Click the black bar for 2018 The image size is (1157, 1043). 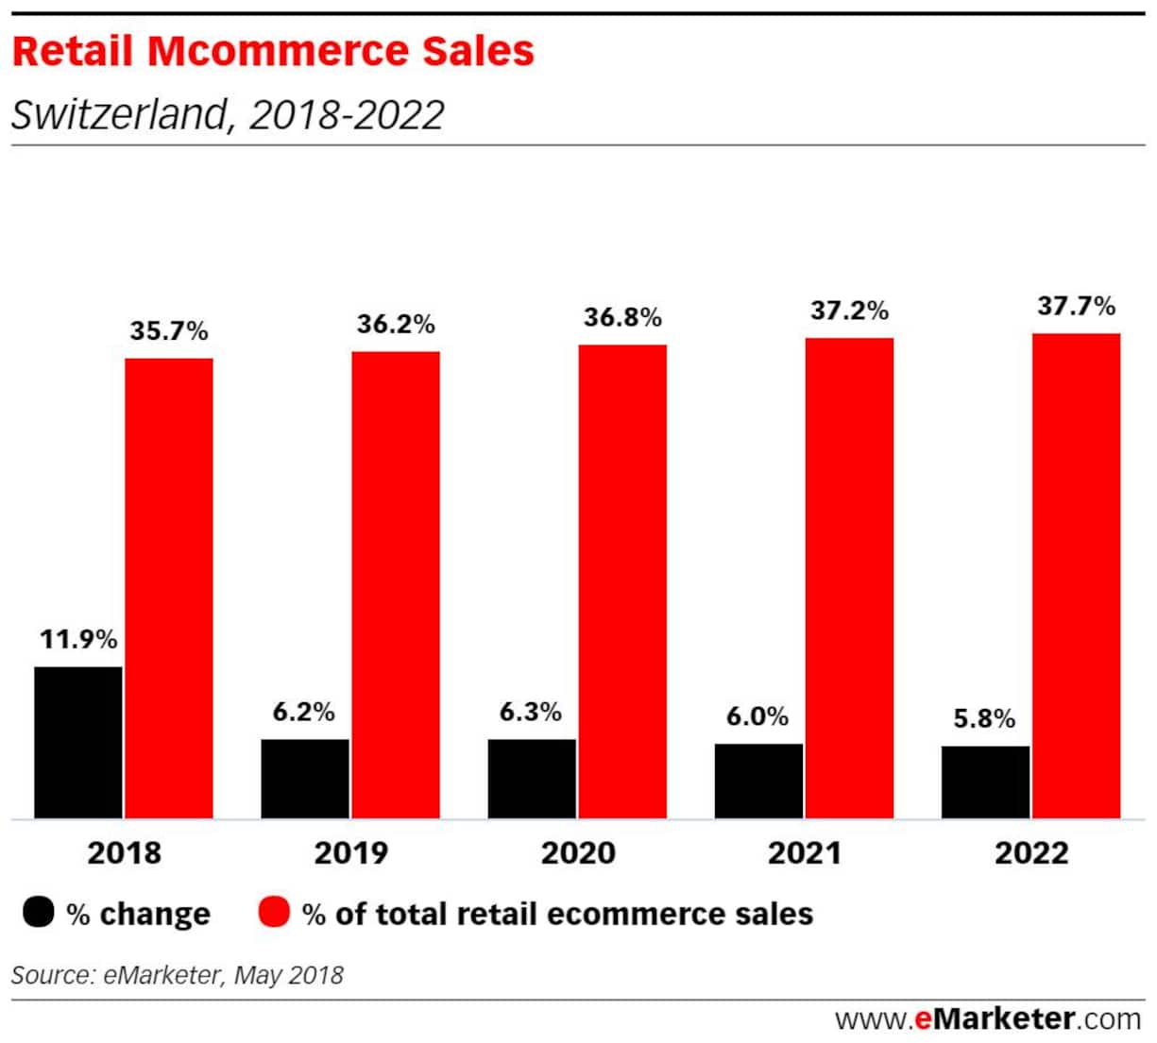(x=78, y=742)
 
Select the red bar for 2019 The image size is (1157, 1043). (x=396, y=584)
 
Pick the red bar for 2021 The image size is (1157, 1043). (x=849, y=578)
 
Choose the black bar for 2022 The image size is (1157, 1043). (x=985, y=782)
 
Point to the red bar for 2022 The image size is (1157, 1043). (x=1076, y=575)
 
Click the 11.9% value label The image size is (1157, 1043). (x=78, y=639)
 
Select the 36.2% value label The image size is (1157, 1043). (x=396, y=325)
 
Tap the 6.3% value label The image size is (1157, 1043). (x=531, y=712)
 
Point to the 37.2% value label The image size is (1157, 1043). (x=849, y=311)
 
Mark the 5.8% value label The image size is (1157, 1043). (x=984, y=719)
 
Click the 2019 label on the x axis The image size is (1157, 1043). (x=350, y=853)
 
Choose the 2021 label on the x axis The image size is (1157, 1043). (x=804, y=853)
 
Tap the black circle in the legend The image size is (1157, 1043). (x=39, y=913)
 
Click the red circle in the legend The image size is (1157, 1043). (x=273, y=913)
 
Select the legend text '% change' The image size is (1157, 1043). (x=139, y=914)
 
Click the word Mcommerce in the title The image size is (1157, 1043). (x=340, y=51)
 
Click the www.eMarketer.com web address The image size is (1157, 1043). (x=987, y=1019)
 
